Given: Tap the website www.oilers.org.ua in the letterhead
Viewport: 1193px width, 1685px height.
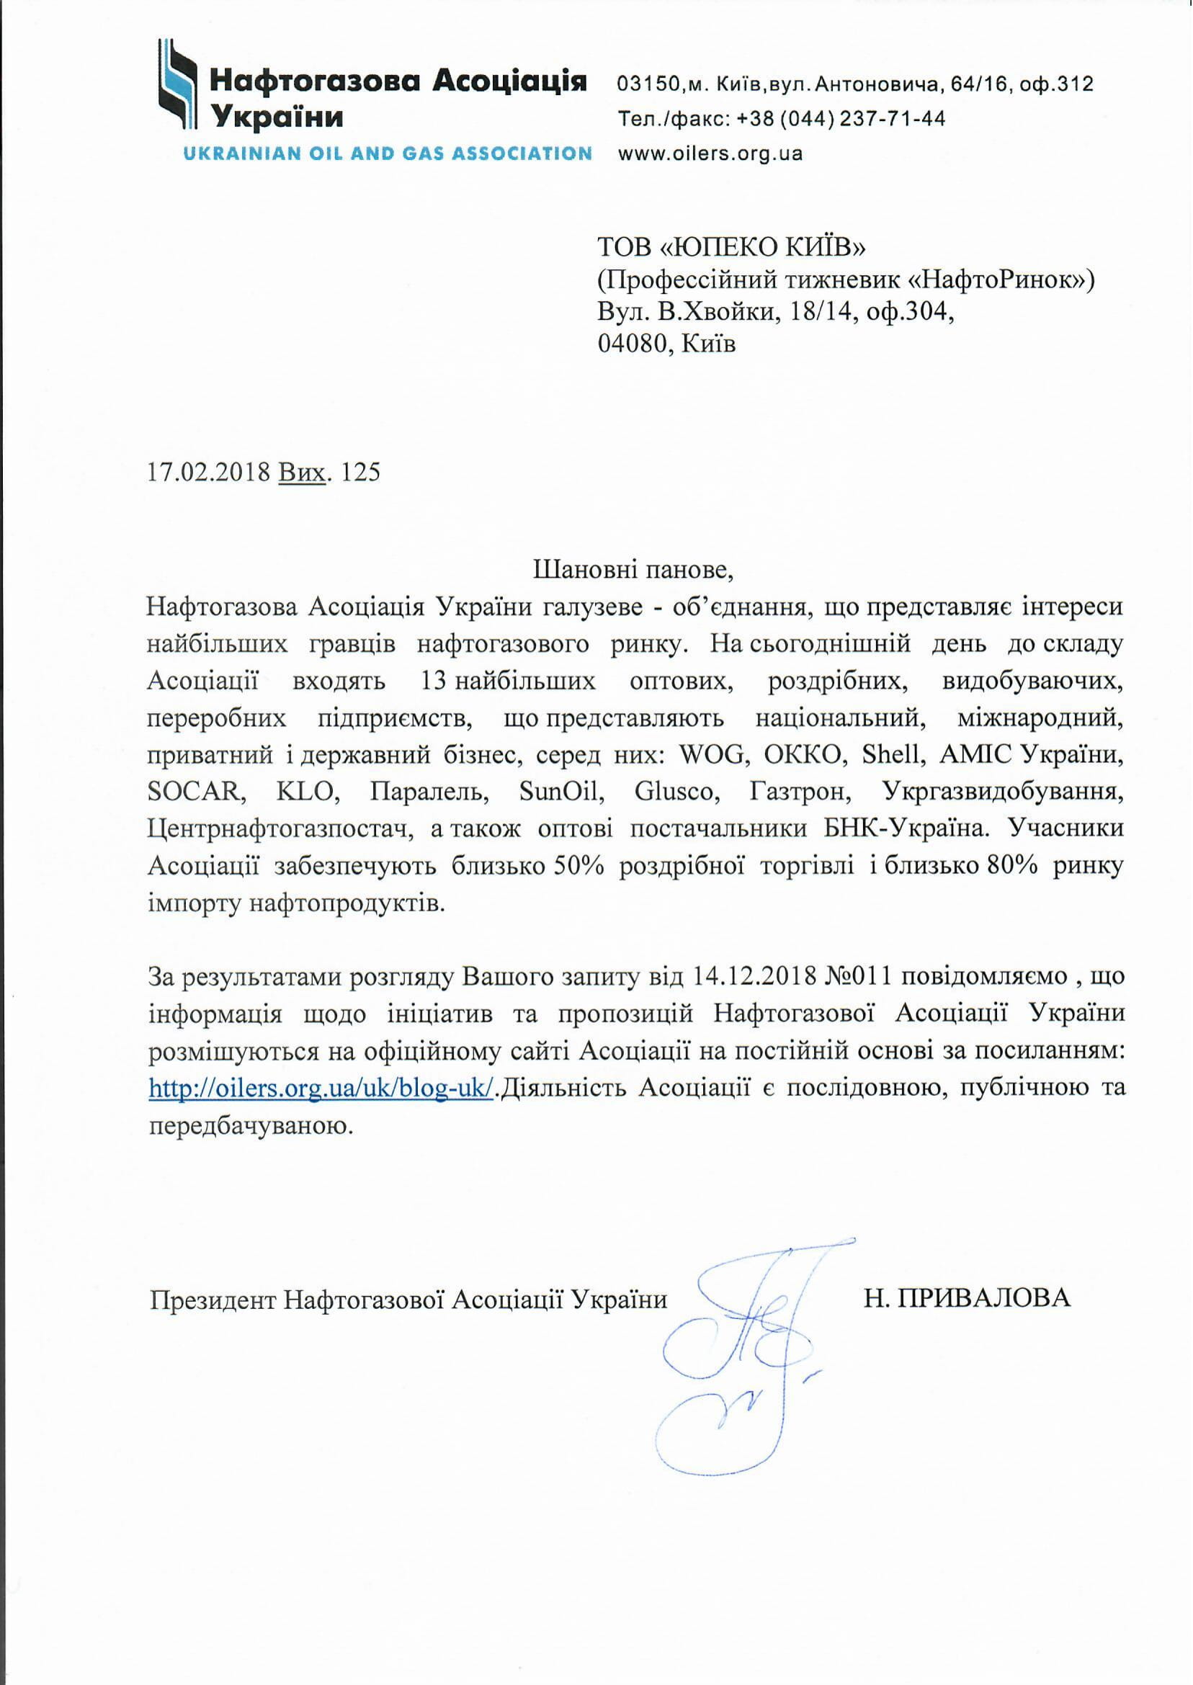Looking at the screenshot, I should [x=710, y=154].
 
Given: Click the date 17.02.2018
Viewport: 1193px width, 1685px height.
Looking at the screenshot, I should [x=210, y=472].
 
